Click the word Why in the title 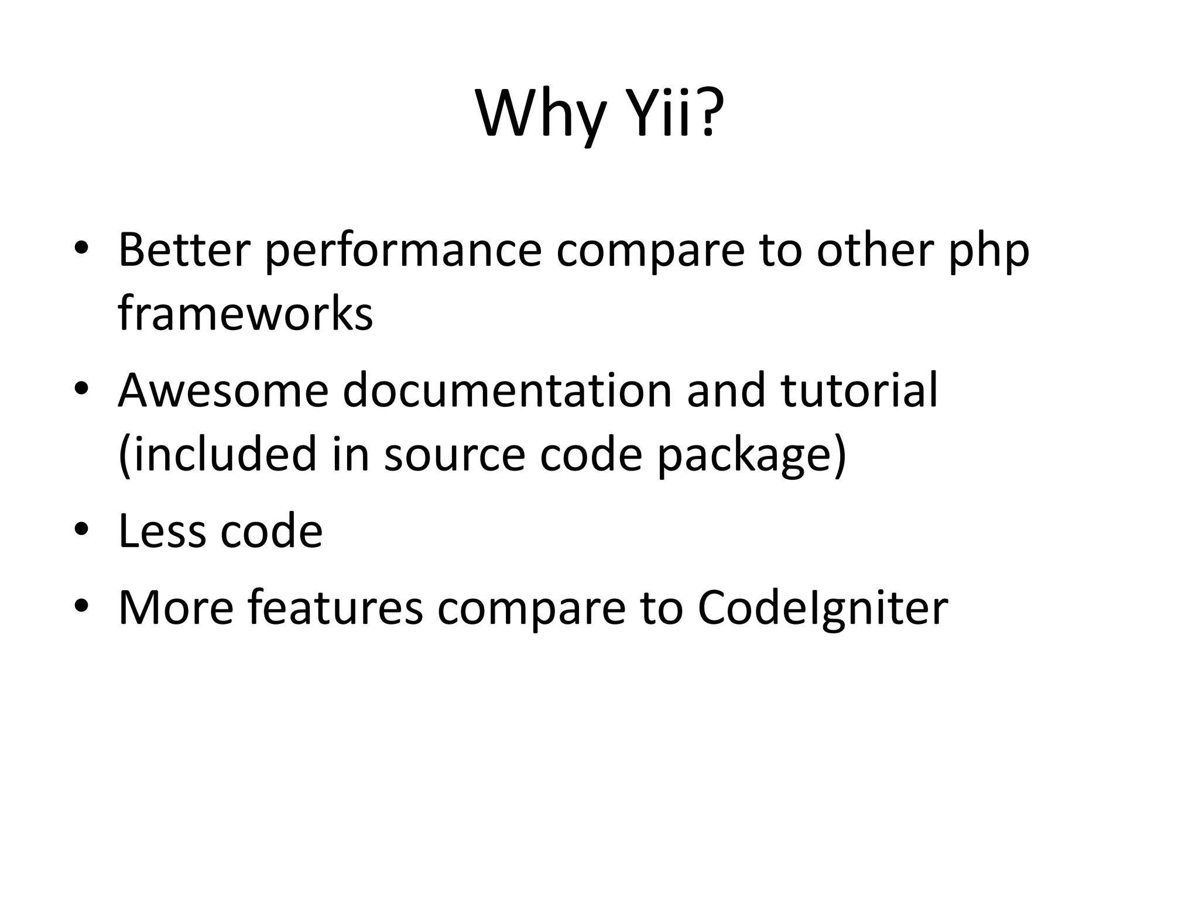540,114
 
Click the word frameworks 245,313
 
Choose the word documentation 507,390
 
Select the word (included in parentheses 218,454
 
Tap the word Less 162,531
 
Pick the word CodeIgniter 823,609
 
